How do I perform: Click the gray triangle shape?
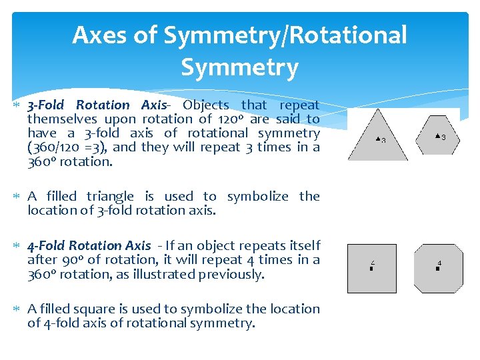(x=377, y=142)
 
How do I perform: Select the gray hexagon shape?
(x=437, y=136)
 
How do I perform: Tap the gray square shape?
(x=371, y=268)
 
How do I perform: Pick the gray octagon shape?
(x=437, y=268)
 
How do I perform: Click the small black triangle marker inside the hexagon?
(x=437, y=136)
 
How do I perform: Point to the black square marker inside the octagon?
(x=437, y=268)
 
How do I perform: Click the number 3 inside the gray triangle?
(x=383, y=140)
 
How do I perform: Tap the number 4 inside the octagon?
(x=439, y=263)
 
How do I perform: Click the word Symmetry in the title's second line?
(x=239, y=67)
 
